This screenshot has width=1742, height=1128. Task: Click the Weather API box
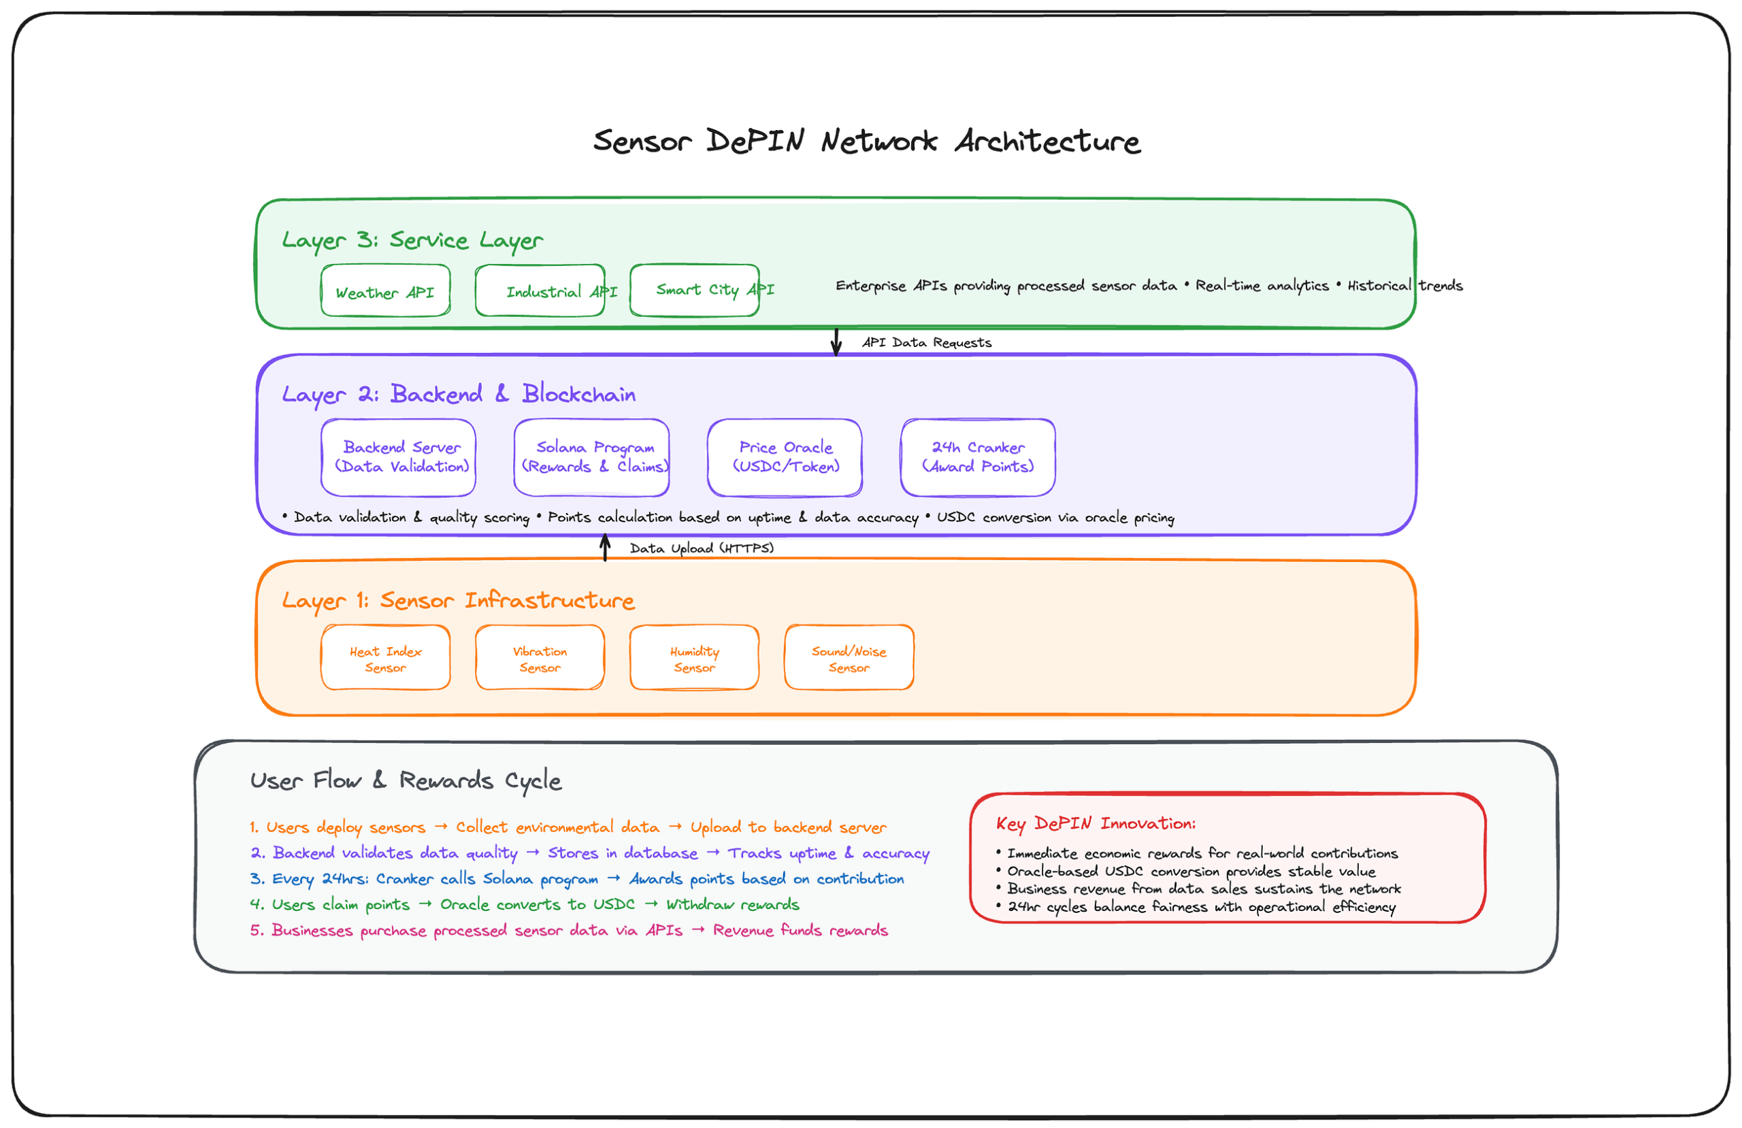coord(385,291)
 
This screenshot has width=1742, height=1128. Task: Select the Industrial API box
coord(540,291)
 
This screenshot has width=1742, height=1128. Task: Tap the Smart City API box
coord(694,291)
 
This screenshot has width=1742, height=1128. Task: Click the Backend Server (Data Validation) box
coord(398,457)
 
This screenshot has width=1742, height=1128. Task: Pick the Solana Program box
coord(591,457)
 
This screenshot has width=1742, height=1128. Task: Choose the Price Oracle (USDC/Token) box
coord(785,457)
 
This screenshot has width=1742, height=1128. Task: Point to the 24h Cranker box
coord(978,457)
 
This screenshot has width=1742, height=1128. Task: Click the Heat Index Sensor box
coord(385,658)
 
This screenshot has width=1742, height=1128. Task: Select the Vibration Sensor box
coord(540,658)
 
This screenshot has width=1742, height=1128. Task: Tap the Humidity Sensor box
coord(694,658)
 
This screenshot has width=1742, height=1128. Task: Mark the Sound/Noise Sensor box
coord(849,658)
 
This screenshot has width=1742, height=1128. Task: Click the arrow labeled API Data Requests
coord(836,342)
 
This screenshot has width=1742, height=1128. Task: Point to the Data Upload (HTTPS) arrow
coord(606,548)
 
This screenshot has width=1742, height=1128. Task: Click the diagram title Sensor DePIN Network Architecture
coord(867,141)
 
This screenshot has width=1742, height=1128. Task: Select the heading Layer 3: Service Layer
coord(412,240)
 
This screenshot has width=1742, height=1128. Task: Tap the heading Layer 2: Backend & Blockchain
coord(458,395)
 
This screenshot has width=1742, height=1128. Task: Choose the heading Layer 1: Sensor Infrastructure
coord(458,601)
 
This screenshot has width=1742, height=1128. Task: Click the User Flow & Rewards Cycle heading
coord(406,781)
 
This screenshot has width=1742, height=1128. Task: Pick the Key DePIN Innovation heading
coord(1095,824)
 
